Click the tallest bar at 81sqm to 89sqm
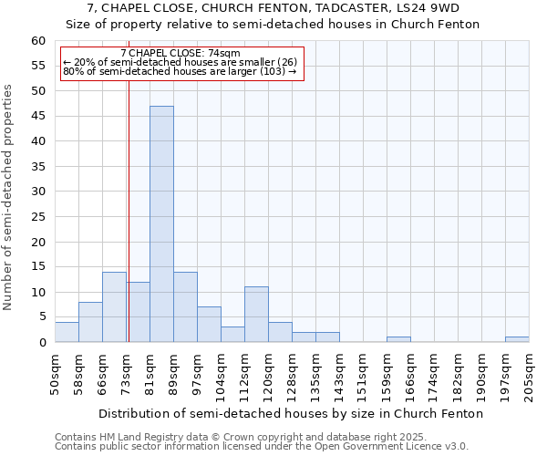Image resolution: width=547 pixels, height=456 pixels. pyautogui.click(x=161, y=224)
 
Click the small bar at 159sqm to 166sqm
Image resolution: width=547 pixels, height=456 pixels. pyautogui.click(x=398, y=339)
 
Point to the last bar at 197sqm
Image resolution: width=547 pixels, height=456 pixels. pyautogui.click(x=517, y=339)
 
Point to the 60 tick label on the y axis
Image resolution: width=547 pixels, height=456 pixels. pyautogui.click(x=38, y=41)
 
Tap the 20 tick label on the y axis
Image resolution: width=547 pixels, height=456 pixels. pyautogui.click(x=38, y=242)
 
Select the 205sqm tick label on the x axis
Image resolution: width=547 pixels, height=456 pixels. pyautogui.click(x=529, y=377)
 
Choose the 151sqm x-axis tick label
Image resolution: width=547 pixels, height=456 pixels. pyautogui.click(x=363, y=377)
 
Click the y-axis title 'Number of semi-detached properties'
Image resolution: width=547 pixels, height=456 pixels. pyautogui.click(x=9, y=198)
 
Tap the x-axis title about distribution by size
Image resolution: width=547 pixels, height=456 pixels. pyautogui.click(x=291, y=413)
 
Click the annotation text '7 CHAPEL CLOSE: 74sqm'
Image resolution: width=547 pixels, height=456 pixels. pyautogui.click(x=180, y=54)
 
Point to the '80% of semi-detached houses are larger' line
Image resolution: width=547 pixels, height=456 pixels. pyautogui.click(x=180, y=71)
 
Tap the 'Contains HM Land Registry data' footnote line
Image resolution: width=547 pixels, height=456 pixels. pyautogui.click(x=261, y=437)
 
